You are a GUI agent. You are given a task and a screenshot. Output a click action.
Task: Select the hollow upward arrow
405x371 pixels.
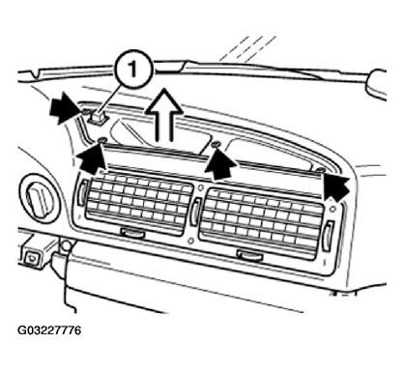pos(164,115)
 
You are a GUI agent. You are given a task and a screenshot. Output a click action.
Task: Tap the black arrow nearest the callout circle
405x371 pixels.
pos(65,108)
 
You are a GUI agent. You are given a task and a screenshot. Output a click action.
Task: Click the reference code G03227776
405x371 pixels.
pos(49,330)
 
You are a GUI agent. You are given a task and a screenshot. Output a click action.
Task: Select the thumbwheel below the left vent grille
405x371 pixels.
pos(132,233)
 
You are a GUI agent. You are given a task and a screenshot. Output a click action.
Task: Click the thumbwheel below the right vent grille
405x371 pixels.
pos(250,256)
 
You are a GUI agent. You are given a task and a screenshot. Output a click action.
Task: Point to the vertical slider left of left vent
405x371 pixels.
pos(83,192)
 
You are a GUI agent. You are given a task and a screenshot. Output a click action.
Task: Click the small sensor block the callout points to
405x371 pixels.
pos(97,117)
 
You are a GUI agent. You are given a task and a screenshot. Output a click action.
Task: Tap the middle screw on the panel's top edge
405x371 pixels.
pos(217,144)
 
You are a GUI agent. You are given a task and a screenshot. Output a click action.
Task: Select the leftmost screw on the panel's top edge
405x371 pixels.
pos(102,140)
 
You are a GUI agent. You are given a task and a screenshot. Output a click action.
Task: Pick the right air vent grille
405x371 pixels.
pos(262,223)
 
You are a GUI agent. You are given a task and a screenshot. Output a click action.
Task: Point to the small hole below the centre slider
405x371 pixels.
pos(191,241)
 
